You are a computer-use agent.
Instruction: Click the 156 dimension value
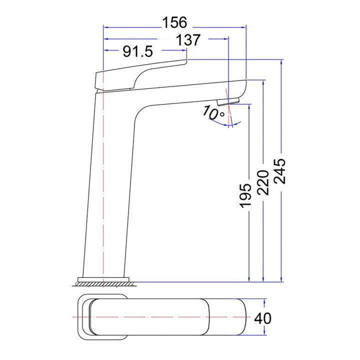pos(174,22)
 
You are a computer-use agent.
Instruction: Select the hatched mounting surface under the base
pos(105,284)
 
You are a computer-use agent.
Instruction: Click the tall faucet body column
pos(110,190)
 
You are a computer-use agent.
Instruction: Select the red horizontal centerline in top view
pos(165,317)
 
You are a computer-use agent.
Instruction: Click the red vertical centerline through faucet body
pos(103,200)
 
